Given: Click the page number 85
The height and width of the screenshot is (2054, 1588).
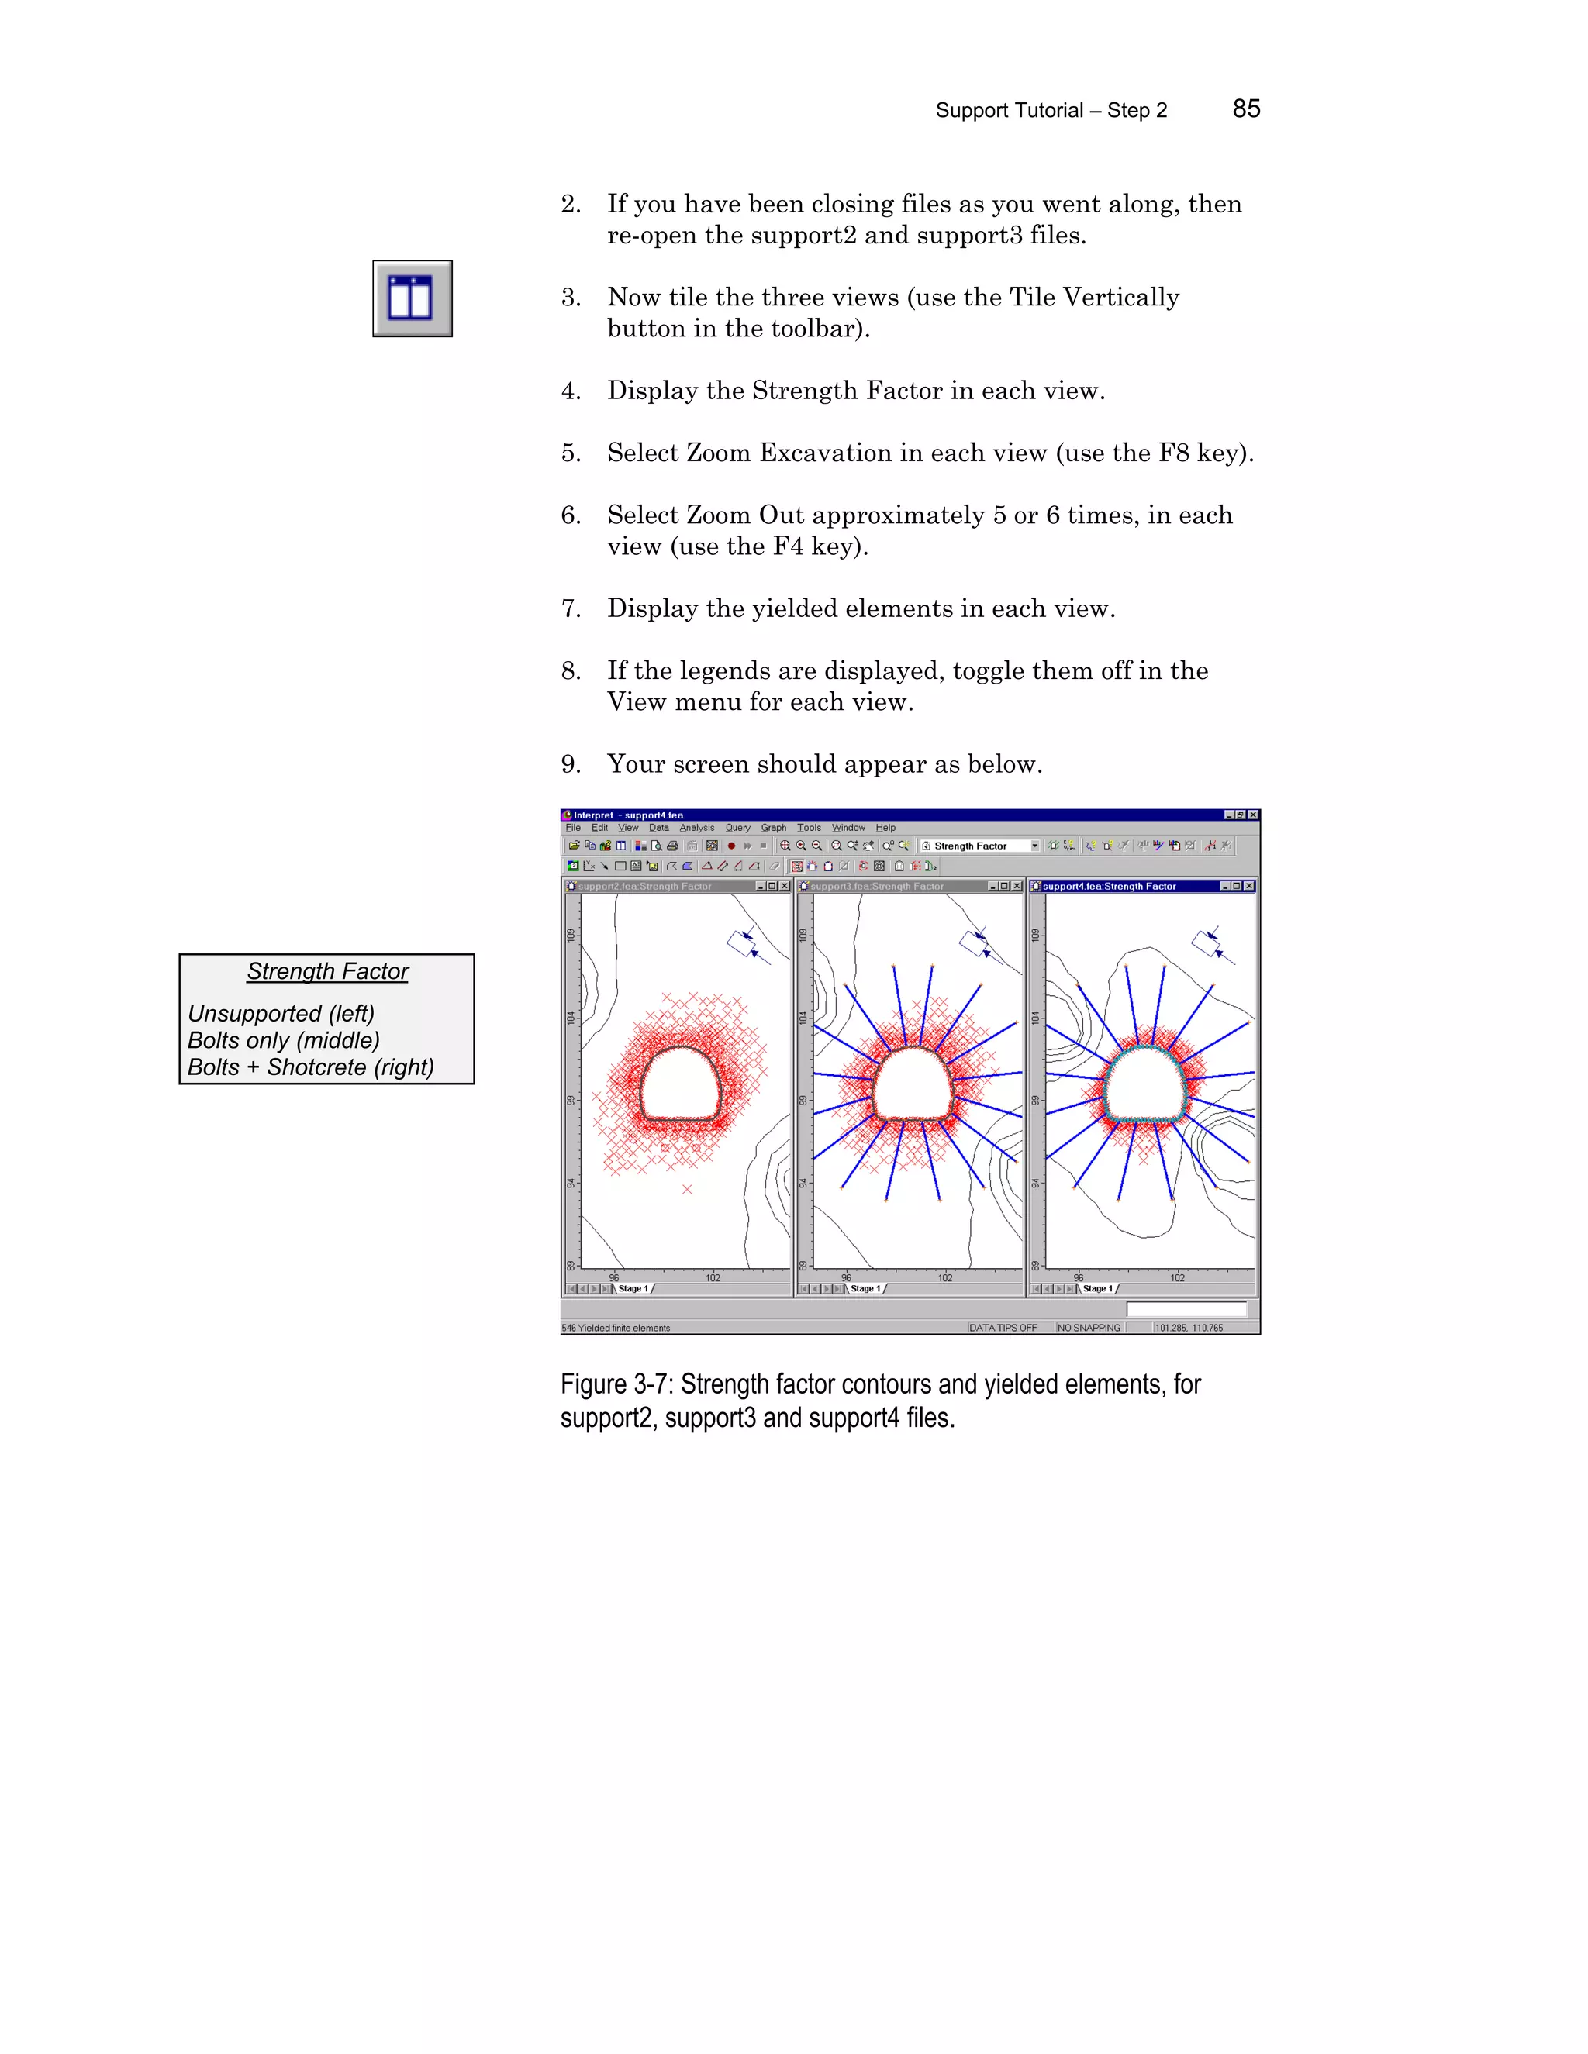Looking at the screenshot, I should coord(1245,109).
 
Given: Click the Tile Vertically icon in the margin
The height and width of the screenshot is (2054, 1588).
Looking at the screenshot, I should coord(412,299).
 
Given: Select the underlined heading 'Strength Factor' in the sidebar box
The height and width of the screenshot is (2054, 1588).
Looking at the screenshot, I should coord(327,971).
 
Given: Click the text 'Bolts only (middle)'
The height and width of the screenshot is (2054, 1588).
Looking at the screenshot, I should coord(283,1040).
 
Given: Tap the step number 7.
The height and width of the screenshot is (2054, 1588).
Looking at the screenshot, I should coord(570,608).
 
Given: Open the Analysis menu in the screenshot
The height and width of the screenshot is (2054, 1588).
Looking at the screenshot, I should coord(696,828).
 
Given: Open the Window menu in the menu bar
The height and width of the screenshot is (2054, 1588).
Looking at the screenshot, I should coord(848,828).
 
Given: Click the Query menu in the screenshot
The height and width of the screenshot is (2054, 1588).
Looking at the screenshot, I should coord(737,828).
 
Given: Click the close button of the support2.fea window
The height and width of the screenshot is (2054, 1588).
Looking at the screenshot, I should coord(785,886).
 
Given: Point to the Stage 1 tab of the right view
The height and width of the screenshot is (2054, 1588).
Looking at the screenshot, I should coord(1097,1288).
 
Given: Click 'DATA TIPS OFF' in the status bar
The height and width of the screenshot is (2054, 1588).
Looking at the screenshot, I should coord(1003,1328).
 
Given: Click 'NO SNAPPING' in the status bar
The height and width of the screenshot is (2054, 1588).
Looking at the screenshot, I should coord(1089,1328).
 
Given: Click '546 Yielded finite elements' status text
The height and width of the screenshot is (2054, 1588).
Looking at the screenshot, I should coord(616,1328).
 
